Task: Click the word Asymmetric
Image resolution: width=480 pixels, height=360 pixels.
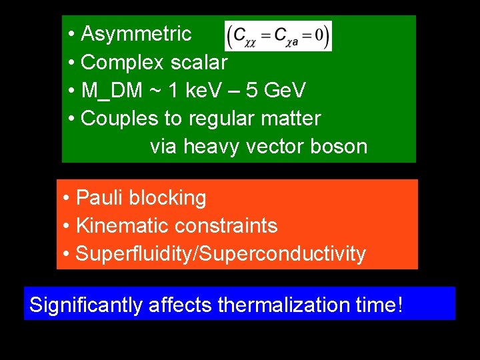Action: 136,34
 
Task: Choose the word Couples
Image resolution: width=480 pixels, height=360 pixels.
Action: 118,119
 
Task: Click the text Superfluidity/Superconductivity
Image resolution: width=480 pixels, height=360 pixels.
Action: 221,254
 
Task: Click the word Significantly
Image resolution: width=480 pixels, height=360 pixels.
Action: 86,305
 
